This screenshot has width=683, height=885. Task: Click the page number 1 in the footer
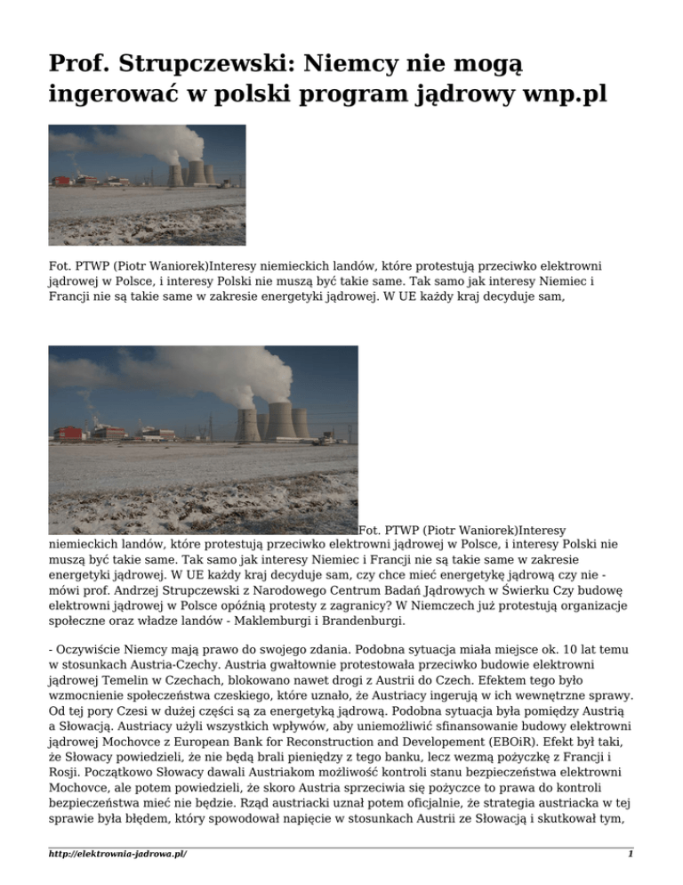point(629,854)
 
